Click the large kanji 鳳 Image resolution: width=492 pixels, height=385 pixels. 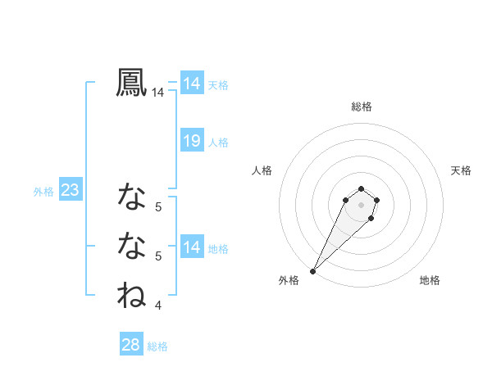pyautogui.click(x=131, y=83)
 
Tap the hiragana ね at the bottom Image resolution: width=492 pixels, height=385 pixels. pyautogui.click(x=131, y=295)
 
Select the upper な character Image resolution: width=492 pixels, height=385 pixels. pyautogui.click(x=131, y=197)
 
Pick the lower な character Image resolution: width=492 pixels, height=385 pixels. pyautogui.click(x=131, y=245)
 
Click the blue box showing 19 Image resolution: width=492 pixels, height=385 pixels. pyautogui.click(x=192, y=141)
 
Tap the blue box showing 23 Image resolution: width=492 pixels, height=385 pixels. pyautogui.click(x=70, y=191)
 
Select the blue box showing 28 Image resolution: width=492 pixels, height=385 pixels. pyautogui.click(x=131, y=345)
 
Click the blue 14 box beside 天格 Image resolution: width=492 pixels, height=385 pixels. pyautogui.click(x=192, y=84)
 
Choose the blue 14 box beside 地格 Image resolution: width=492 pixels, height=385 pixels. pyautogui.click(x=192, y=247)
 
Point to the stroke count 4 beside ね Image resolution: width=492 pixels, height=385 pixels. pyautogui.click(x=158, y=306)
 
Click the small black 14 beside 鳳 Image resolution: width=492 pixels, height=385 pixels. pyautogui.click(x=158, y=93)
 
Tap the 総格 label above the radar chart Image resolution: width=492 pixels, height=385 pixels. pyautogui.click(x=362, y=106)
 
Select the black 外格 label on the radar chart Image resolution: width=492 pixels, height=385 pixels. pyautogui.click(x=289, y=280)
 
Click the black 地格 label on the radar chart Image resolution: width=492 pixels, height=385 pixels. pyautogui.click(x=430, y=280)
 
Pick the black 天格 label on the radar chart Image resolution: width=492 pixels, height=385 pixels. pyautogui.click(x=461, y=170)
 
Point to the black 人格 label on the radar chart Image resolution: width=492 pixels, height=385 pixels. pyautogui.click(x=262, y=170)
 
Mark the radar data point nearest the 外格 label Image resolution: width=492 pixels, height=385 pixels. pyautogui.click(x=313, y=270)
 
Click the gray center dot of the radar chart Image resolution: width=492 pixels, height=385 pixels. pyautogui.click(x=362, y=204)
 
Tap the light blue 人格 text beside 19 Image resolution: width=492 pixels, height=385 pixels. pyautogui.click(x=218, y=143)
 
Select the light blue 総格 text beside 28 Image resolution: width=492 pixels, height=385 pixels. pyautogui.click(x=157, y=346)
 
